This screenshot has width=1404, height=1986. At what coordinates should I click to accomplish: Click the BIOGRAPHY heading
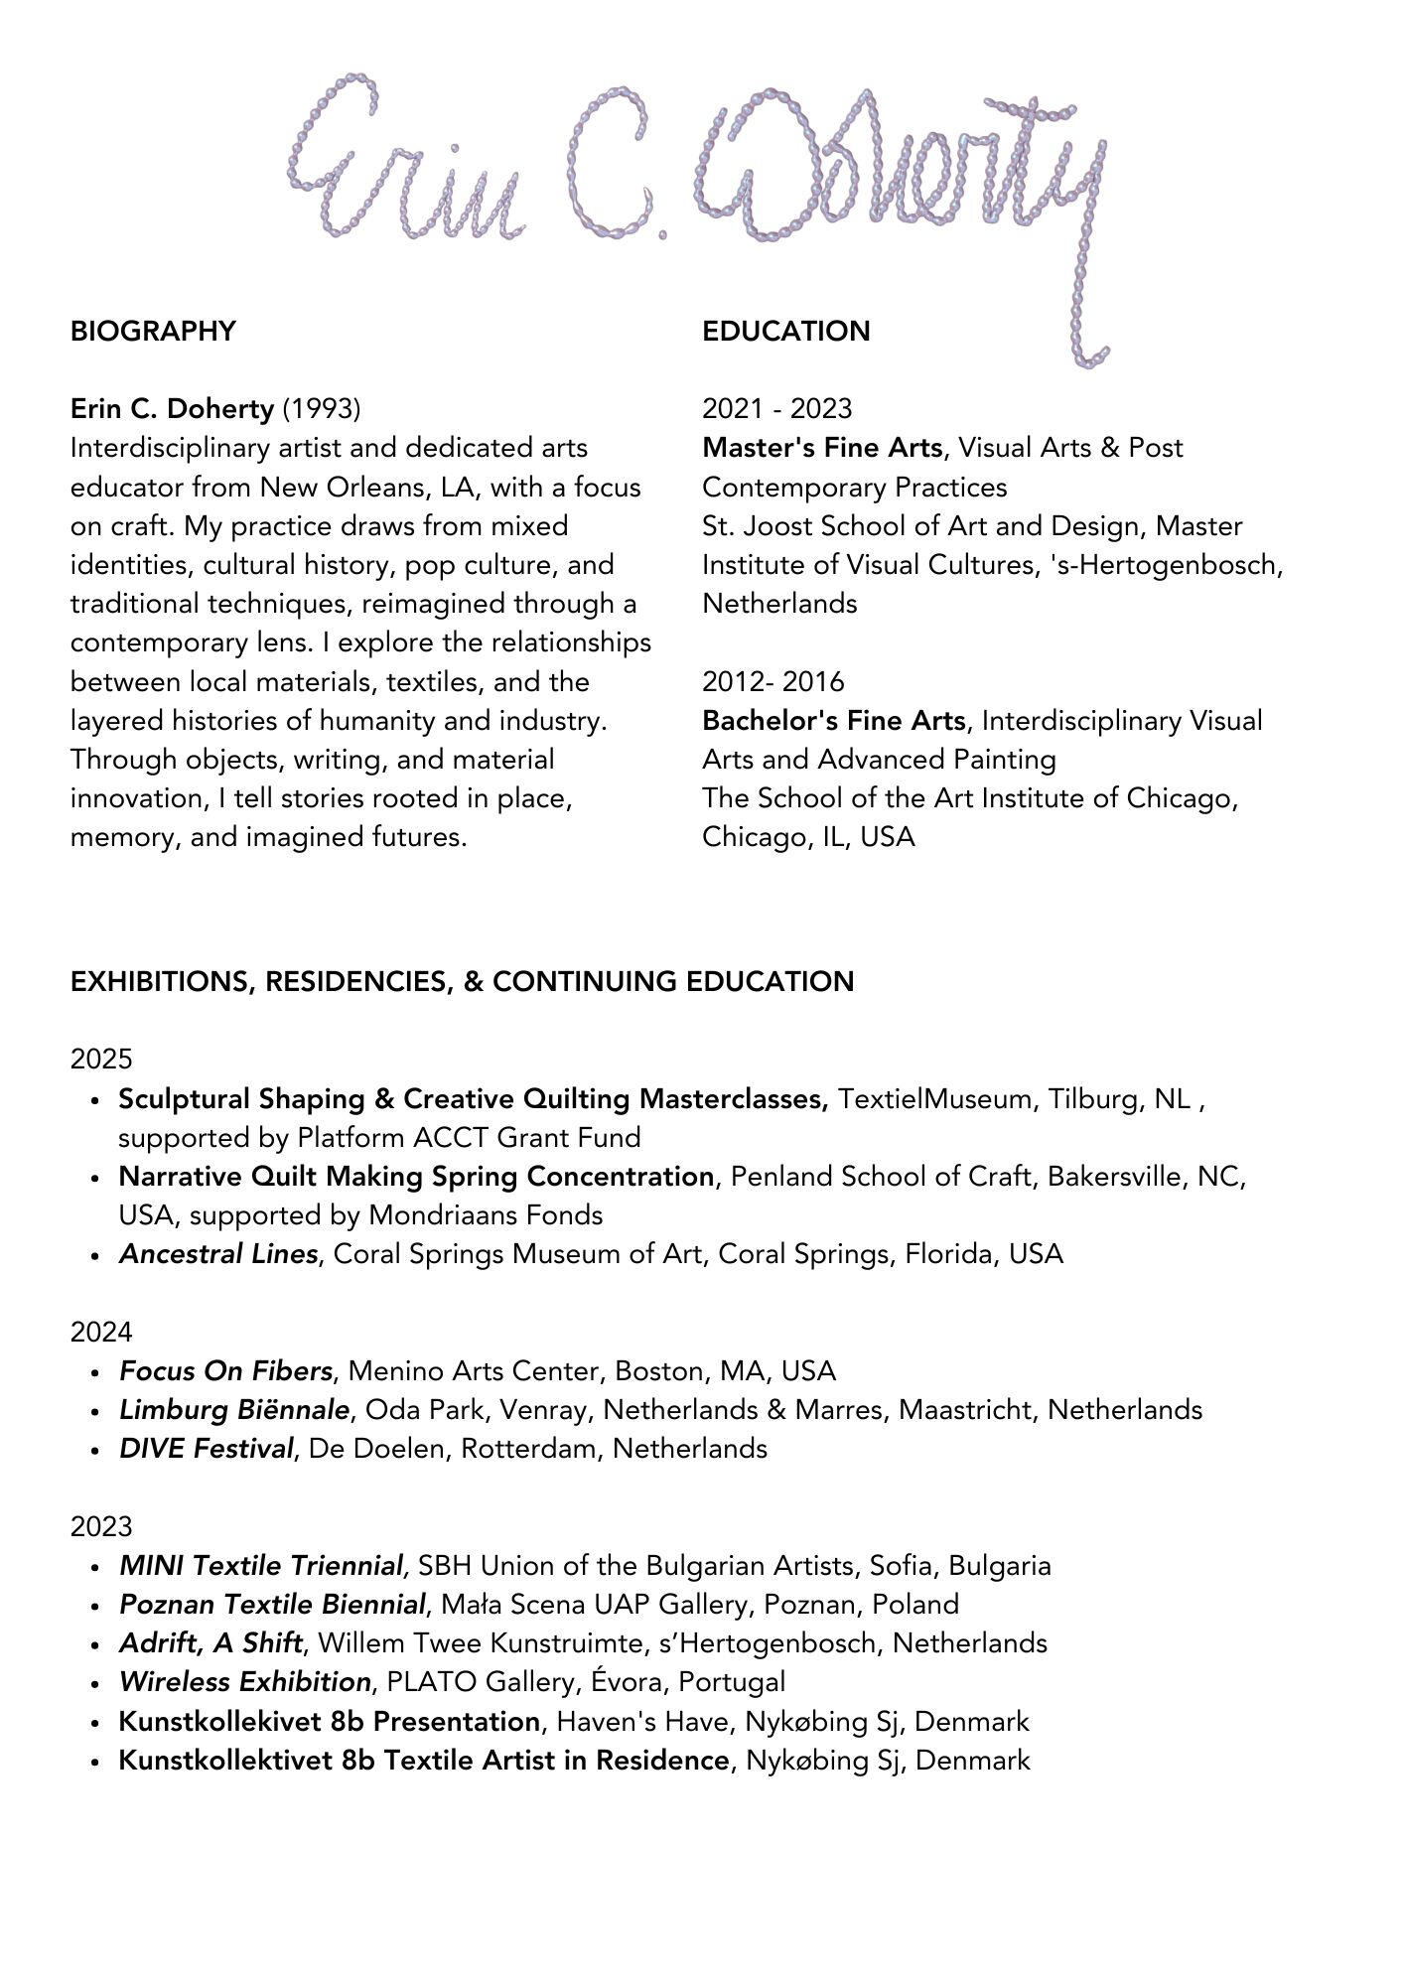coord(153,331)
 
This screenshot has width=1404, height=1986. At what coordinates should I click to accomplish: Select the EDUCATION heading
coord(785,331)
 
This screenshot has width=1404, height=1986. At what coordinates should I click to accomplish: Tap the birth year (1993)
coord(322,408)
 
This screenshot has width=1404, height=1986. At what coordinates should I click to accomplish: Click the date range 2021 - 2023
coord(776,408)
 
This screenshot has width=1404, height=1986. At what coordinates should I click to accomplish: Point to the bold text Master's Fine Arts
coord(821,448)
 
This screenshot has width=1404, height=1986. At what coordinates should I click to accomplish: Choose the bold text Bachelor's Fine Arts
coord(833,720)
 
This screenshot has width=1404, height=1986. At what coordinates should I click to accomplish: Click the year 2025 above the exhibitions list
coord(101,1059)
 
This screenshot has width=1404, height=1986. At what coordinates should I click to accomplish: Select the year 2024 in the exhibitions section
coord(101,1332)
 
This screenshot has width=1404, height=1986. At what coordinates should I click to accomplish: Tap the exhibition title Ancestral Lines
coord(217,1254)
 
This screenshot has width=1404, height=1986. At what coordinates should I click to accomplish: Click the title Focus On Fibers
coord(225,1371)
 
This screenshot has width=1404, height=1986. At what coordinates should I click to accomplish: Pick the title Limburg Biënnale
coord(234,1410)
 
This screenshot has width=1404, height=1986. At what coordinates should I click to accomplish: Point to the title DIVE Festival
coord(206,1449)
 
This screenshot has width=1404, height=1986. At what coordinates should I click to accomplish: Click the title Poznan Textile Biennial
coord(272,1605)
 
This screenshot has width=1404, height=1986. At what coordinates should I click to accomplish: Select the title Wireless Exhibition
coord(245,1682)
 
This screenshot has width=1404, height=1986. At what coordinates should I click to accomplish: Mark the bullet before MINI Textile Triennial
coord(94,1567)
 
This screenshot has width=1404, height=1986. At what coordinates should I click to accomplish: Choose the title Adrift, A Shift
coord(211,1643)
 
